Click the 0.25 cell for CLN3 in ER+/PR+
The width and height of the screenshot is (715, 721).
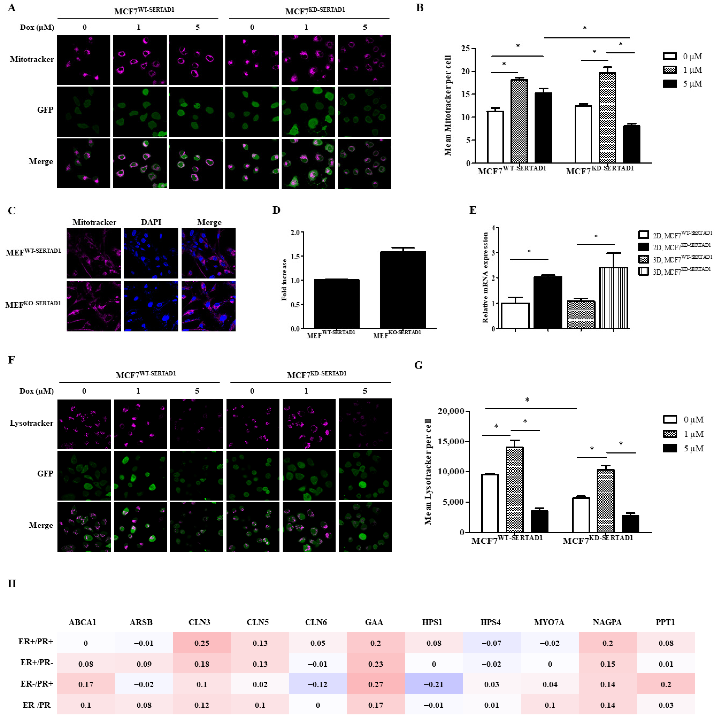(202, 643)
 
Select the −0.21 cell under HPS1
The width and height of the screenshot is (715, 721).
(434, 684)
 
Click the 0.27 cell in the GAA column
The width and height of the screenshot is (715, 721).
(376, 684)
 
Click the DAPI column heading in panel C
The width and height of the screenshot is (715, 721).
(151, 222)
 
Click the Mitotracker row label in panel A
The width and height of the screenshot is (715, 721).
(32, 59)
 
